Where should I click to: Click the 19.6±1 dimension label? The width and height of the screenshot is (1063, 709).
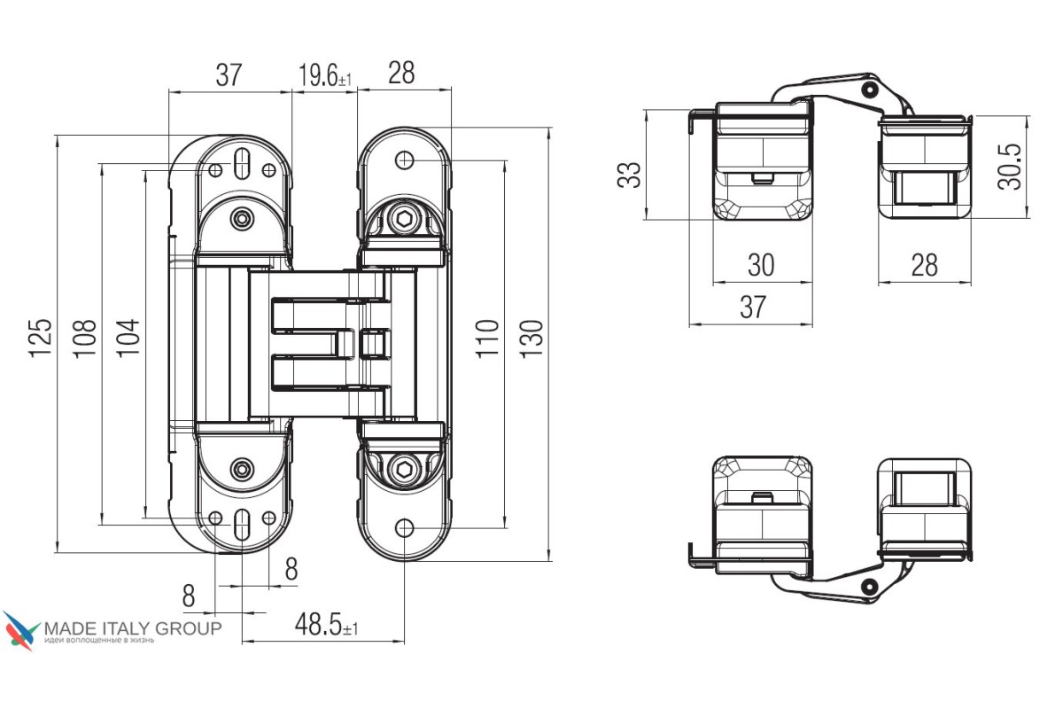click(325, 75)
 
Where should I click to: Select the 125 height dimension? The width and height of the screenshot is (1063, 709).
click(40, 338)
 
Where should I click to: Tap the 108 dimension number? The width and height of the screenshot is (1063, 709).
click(84, 339)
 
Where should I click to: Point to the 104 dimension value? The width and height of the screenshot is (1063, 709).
click(128, 338)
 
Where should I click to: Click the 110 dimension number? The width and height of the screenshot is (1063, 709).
click(487, 339)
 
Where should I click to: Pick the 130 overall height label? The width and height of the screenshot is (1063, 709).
click(531, 339)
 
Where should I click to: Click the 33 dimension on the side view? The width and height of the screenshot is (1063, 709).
click(629, 175)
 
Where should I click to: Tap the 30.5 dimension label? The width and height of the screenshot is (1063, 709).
click(1009, 167)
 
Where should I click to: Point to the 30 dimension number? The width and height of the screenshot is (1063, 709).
click(761, 264)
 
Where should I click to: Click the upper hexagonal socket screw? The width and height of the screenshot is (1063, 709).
click(404, 220)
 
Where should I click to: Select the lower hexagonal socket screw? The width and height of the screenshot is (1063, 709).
click(404, 470)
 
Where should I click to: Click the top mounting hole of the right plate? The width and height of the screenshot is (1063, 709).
click(404, 160)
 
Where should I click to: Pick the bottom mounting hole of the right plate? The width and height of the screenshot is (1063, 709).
click(404, 527)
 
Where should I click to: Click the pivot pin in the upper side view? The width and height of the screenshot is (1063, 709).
click(870, 89)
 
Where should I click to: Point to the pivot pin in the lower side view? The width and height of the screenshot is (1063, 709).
click(870, 587)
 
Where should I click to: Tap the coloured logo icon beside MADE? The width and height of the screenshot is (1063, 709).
click(21, 630)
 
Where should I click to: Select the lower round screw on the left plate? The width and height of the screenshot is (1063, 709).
click(242, 469)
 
